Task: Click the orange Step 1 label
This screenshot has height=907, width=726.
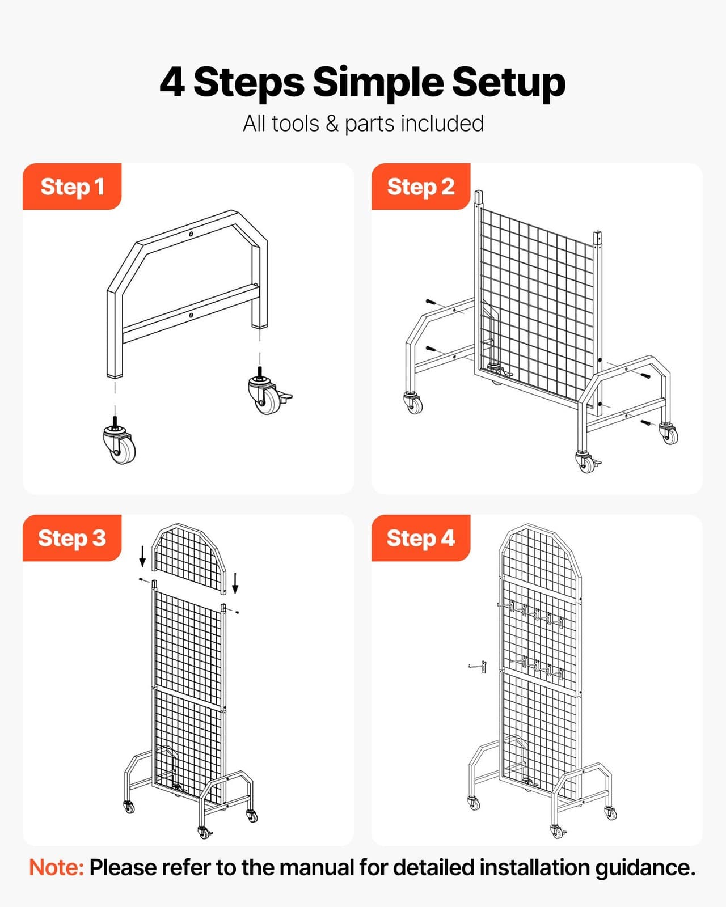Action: pyautogui.click(x=72, y=187)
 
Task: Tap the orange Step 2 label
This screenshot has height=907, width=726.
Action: pyautogui.click(x=420, y=187)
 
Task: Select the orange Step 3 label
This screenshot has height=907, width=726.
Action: pyautogui.click(x=72, y=538)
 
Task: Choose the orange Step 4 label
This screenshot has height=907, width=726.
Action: pyautogui.click(x=420, y=538)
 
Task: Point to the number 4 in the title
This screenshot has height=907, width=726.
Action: pyautogui.click(x=172, y=82)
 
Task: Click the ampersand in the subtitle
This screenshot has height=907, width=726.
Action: pyautogui.click(x=332, y=124)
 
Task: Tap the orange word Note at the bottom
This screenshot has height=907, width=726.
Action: pyautogui.click(x=56, y=868)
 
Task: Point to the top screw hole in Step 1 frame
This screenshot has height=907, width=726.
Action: pyautogui.click(x=191, y=234)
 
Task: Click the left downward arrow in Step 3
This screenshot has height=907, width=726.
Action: pyautogui.click(x=142, y=556)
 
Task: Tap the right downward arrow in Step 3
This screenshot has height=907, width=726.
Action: pyautogui.click(x=235, y=583)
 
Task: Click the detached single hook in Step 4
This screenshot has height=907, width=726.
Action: pyautogui.click(x=478, y=667)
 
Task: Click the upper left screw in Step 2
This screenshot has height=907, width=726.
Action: pyautogui.click(x=430, y=302)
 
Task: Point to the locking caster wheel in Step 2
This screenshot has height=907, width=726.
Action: pyautogui.click(x=585, y=461)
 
